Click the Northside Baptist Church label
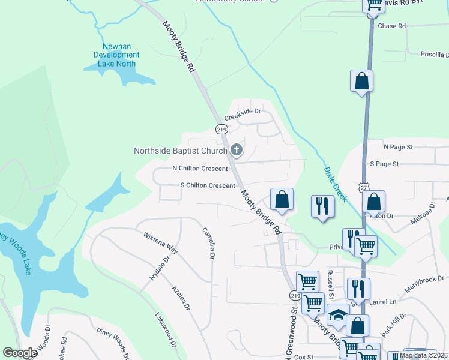coord(180,150)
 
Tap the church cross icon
coord(237,149)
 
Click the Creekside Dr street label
coord(243,111)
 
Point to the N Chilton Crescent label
coord(200,169)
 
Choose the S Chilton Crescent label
coord(208,185)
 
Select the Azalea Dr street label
coord(180,298)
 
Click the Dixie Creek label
coord(335,184)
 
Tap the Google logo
coord(20,353)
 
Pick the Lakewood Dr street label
coord(166,329)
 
